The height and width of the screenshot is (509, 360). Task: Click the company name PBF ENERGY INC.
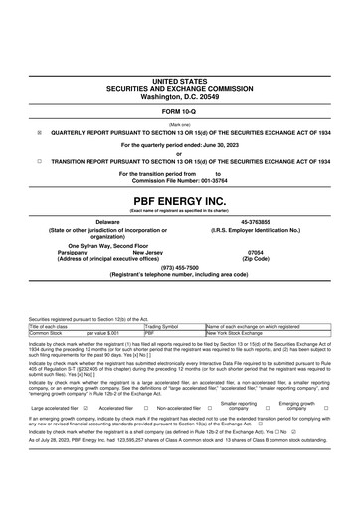[180, 199]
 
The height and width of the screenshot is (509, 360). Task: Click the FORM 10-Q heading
[180, 111]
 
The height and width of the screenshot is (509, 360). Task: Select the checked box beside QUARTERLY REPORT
[39, 130]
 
